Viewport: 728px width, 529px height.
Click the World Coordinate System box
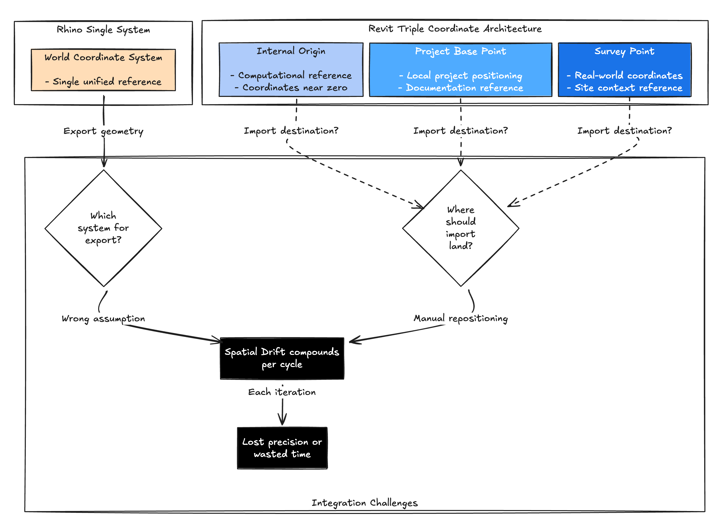103,70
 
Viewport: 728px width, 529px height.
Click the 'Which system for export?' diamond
103,228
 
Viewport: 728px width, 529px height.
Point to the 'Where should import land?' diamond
461,228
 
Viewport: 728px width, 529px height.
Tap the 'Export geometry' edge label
103,131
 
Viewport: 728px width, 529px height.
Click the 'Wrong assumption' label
103,319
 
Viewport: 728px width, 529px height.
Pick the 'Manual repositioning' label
461,319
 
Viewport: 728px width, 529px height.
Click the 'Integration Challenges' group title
365,503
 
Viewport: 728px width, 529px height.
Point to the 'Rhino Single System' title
103,30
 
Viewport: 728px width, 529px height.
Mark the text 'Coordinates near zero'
295,88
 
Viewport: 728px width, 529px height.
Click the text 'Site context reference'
628,88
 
